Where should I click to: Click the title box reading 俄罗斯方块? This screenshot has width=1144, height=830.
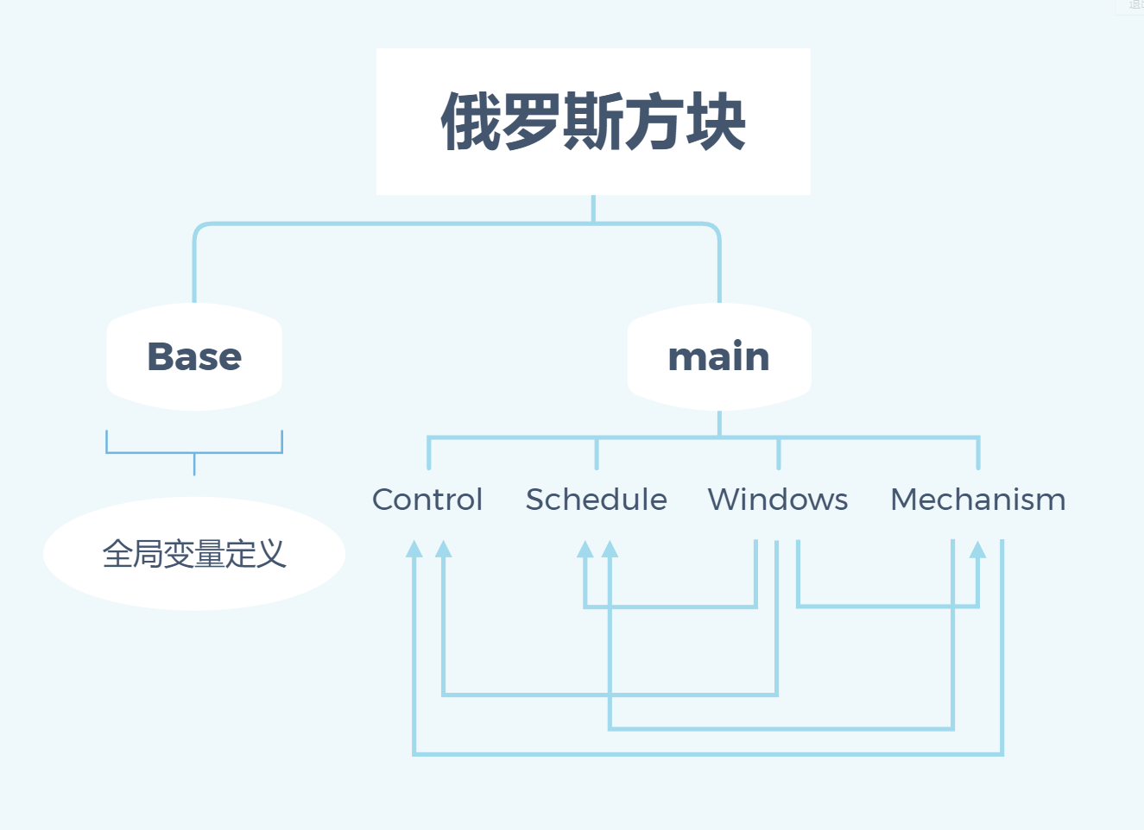(593, 122)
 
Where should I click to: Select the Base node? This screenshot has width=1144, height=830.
(194, 357)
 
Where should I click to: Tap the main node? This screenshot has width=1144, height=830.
(719, 357)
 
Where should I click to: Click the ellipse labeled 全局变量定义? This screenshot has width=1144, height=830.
(194, 554)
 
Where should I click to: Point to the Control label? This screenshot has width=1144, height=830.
(427, 500)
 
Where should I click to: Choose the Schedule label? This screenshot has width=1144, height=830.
(597, 500)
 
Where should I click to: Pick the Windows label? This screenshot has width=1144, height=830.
(778, 500)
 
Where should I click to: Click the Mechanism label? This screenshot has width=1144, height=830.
(978, 500)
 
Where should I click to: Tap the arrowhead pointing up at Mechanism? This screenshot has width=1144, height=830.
(977, 550)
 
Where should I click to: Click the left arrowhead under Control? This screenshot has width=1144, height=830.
(414, 550)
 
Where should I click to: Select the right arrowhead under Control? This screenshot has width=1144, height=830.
(443, 550)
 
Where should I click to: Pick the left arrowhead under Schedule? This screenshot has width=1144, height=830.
(585, 550)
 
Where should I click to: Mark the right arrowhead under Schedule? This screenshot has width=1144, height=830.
(610, 550)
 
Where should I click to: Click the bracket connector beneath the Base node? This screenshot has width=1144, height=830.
(194, 452)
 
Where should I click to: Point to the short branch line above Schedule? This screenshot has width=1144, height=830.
(597, 454)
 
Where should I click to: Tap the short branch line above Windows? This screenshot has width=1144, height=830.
(778, 454)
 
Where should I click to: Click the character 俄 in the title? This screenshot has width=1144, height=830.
(471, 122)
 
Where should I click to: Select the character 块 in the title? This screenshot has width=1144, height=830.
(716, 122)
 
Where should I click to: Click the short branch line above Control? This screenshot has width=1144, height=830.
(429, 454)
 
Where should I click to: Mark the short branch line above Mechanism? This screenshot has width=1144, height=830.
(978, 454)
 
